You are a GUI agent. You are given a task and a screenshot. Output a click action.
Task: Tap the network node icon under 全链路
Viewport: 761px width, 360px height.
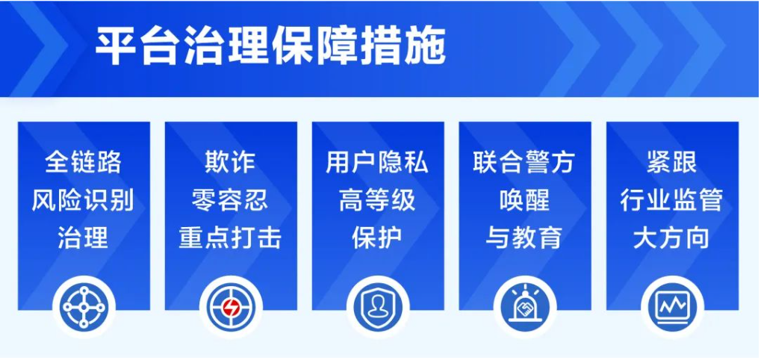pos(84,307)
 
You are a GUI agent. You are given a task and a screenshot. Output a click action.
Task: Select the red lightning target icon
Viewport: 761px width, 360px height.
pos(231,307)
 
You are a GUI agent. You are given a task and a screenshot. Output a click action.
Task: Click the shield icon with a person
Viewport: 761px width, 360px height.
pos(378,307)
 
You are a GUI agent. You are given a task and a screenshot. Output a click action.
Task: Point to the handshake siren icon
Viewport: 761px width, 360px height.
pos(525,307)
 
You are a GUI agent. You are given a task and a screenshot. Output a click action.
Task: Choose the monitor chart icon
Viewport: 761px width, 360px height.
pos(672,307)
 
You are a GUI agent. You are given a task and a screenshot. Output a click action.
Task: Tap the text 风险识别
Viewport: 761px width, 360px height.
pos(83,200)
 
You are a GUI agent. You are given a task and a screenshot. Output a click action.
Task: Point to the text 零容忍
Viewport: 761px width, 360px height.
pos(230,200)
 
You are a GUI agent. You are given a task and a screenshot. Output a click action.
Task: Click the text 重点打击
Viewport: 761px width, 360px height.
pos(230,238)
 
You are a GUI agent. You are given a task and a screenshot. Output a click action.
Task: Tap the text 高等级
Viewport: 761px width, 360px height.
pos(377,200)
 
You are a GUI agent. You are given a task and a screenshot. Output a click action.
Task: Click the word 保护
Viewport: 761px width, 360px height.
pos(377,238)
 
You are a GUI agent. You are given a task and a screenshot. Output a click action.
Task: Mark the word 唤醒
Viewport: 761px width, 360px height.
pos(524,200)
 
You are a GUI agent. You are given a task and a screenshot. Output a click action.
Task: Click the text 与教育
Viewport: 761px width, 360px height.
pos(524,238)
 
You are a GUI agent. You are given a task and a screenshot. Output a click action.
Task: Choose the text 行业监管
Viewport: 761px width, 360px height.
pos(671,200)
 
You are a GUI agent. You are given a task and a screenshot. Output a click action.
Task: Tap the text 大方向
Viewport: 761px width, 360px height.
pos(671,238)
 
